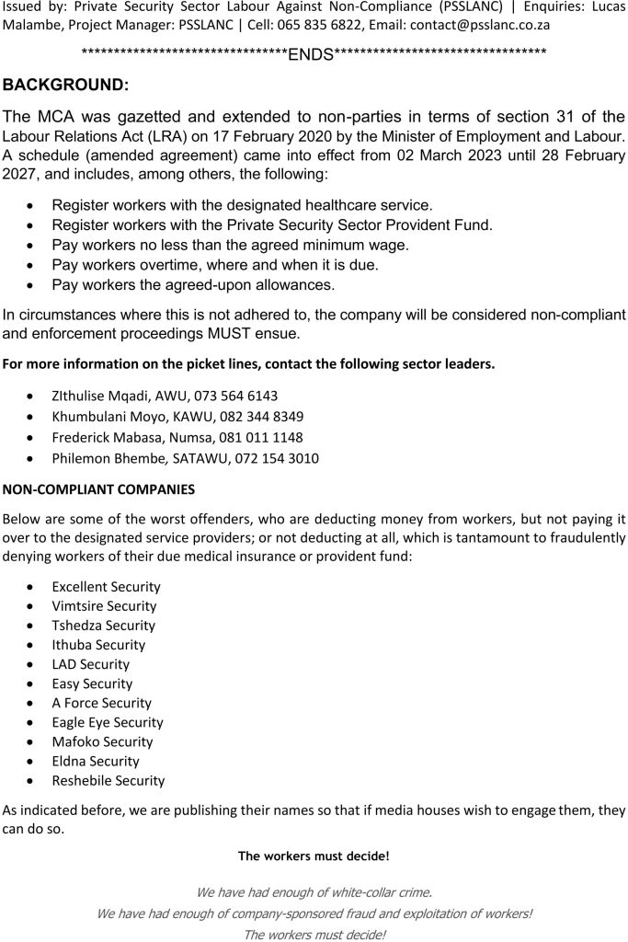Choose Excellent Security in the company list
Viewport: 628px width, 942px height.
tap(106, 587)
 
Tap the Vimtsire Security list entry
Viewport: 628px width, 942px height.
tap(104, 606)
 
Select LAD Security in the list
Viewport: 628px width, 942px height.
tap(91, 664)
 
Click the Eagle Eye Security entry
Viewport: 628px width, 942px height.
tap(108, 722)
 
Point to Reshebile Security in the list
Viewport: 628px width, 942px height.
tap(108, 780)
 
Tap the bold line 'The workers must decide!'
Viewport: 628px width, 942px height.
tap(314, 856)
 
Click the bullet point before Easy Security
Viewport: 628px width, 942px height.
tap(33, 684)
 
